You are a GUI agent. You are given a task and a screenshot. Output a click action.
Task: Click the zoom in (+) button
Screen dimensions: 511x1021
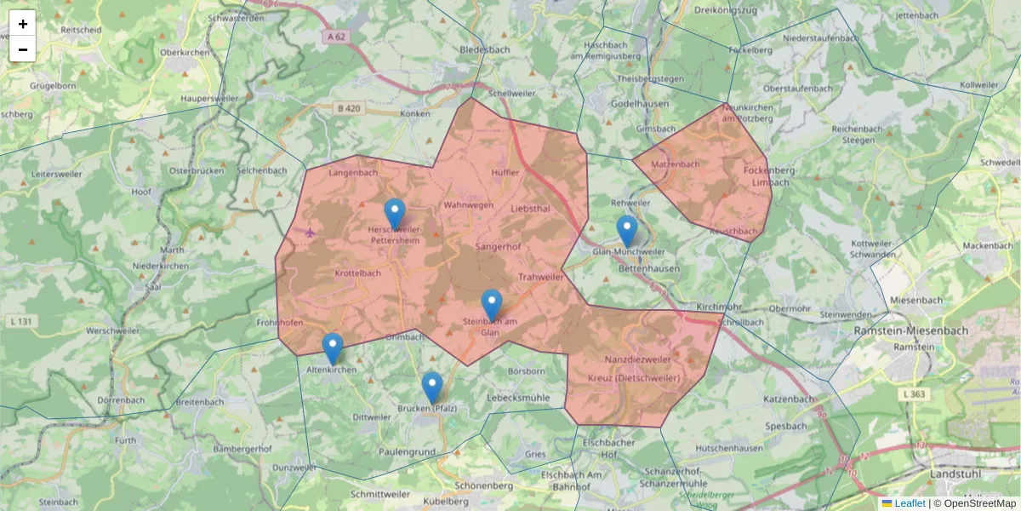pos(23,24)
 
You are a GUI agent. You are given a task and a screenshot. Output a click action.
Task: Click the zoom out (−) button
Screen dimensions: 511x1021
pos(23,49)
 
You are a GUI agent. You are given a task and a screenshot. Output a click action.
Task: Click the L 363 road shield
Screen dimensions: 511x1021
pos(912,393)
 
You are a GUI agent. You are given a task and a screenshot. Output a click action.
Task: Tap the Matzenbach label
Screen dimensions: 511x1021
pos(675,163)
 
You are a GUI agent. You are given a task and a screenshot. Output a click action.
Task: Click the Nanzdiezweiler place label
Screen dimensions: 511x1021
pos(637,360)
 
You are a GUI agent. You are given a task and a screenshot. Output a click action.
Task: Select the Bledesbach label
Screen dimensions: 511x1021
pos(484,49)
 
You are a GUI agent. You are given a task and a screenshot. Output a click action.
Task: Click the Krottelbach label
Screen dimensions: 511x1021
pos(358,273)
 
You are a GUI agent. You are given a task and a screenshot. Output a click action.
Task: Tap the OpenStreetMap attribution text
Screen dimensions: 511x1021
pos(979,503)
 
